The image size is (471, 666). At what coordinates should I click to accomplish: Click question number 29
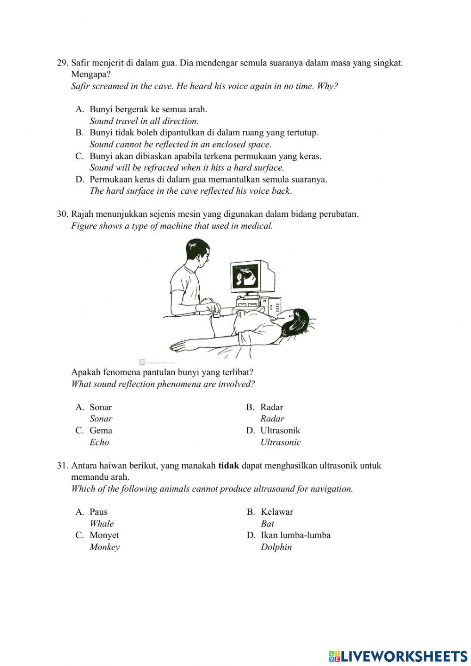pyautogui.click(x=63, y=63)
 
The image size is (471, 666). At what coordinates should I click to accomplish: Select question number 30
pyautogui.click(x=63, y=214)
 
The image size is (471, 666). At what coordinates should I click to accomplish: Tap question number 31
pyautogui.click(x=63, y=466)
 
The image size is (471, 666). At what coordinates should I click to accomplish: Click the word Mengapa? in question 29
pyautogui.click(x=91, y=74)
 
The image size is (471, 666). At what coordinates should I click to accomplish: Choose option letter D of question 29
pyautogui.click(x=80, y=180)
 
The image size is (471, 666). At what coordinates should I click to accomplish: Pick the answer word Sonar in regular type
pyautogui.click(x=101, y=407)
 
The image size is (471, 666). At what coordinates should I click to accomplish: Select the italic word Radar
pyautogui.click(x=272, y=419)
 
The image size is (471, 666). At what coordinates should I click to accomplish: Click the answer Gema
pyautogui.click(x=101, y=430)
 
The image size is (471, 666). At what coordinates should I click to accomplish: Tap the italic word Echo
pyautogui.click(x=99, y=443)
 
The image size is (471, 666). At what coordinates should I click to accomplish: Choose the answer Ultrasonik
pyautogui.click(x=280, y=430)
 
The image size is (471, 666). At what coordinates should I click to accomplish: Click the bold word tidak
pyautogui.click(x=229, y=466)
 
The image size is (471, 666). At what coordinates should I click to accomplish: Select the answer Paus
pyautogui.click(x=98, y=512)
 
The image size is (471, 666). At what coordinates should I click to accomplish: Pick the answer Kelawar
pyautogui.click(x=277, y=512)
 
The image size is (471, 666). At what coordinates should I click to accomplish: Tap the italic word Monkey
pyautogui.click(x=105, y=547)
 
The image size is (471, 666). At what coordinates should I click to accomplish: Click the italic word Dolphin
pyautogui.click(x=276, y=547)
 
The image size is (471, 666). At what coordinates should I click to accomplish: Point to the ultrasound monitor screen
pyautogui.click(x=246, y=278)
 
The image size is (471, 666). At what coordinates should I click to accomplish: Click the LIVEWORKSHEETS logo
pyautogui.click(x=398, y=656)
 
